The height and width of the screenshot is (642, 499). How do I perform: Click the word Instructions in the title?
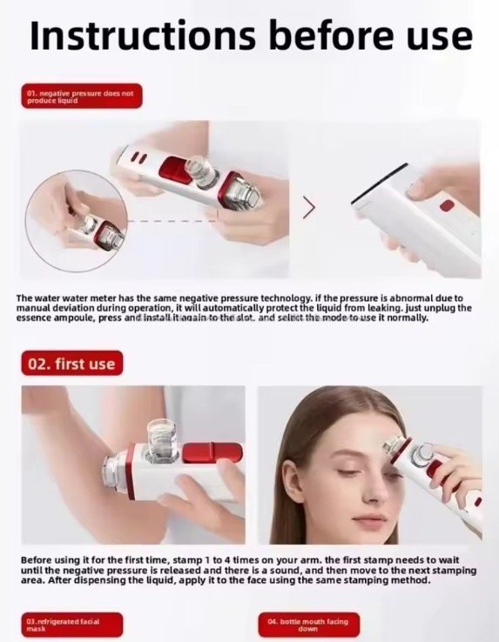pyautogui.click(x=139, y=37)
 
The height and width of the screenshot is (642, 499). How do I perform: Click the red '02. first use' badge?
pyautogui.click(x=71, y=363)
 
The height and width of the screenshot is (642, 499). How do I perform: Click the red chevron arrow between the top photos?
pyautogui.click(x=307, y=207)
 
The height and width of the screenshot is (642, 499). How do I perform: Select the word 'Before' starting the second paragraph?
pyautogui.click(x=37, y=562)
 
